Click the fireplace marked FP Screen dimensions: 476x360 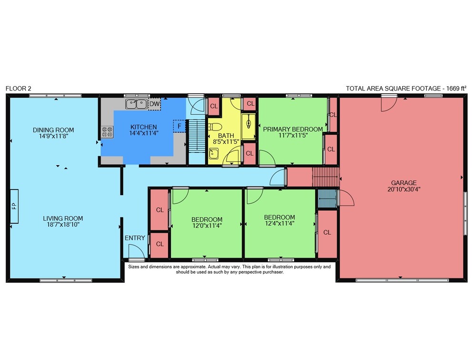coord(14,206)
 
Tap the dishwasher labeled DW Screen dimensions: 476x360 coord(155,104)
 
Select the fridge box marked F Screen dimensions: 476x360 coord(179,126)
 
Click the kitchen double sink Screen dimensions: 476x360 coord(136,104)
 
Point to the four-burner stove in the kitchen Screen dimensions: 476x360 coord(107,132)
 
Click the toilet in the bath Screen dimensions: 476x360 coord(215,126)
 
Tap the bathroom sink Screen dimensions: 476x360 coord(214,153)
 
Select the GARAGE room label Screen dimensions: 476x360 coord(404,183)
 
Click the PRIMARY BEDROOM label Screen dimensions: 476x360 coord(293,129)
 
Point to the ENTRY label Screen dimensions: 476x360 coord(135,238)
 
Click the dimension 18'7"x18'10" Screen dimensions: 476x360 coord(63,225)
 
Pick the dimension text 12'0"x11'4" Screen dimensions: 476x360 coord(207,226)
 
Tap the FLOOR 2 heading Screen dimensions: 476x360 coord(18,89)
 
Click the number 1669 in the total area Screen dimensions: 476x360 coord(452,89)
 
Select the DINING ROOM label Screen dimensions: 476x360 coord(53,130)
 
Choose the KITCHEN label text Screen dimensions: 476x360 coord(144,127)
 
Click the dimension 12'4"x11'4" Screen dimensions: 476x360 coord(279,224)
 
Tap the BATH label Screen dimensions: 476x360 coord(226,136)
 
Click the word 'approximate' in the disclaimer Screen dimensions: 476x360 coord(193,267)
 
